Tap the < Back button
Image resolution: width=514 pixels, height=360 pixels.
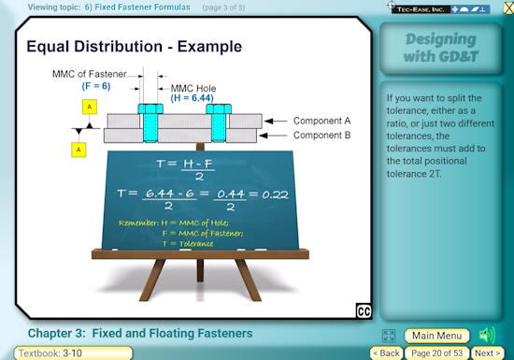pos(387,353)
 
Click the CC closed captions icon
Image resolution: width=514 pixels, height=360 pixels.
pos(364,311)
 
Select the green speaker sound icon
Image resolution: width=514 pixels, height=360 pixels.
pos(487,335)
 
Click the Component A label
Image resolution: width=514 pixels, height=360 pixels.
pos(321,121)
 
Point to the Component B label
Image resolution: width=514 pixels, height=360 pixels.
pos(321,136)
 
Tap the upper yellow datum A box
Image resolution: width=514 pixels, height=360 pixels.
pos(89,108)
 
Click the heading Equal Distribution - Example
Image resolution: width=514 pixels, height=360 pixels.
pos(134,46)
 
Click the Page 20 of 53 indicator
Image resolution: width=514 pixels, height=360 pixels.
pos(437,353)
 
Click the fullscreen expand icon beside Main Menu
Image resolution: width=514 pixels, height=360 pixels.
pos(389,336)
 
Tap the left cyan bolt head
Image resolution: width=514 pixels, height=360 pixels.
pos(149,109)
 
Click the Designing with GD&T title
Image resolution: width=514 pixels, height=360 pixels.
pos(443,49)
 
